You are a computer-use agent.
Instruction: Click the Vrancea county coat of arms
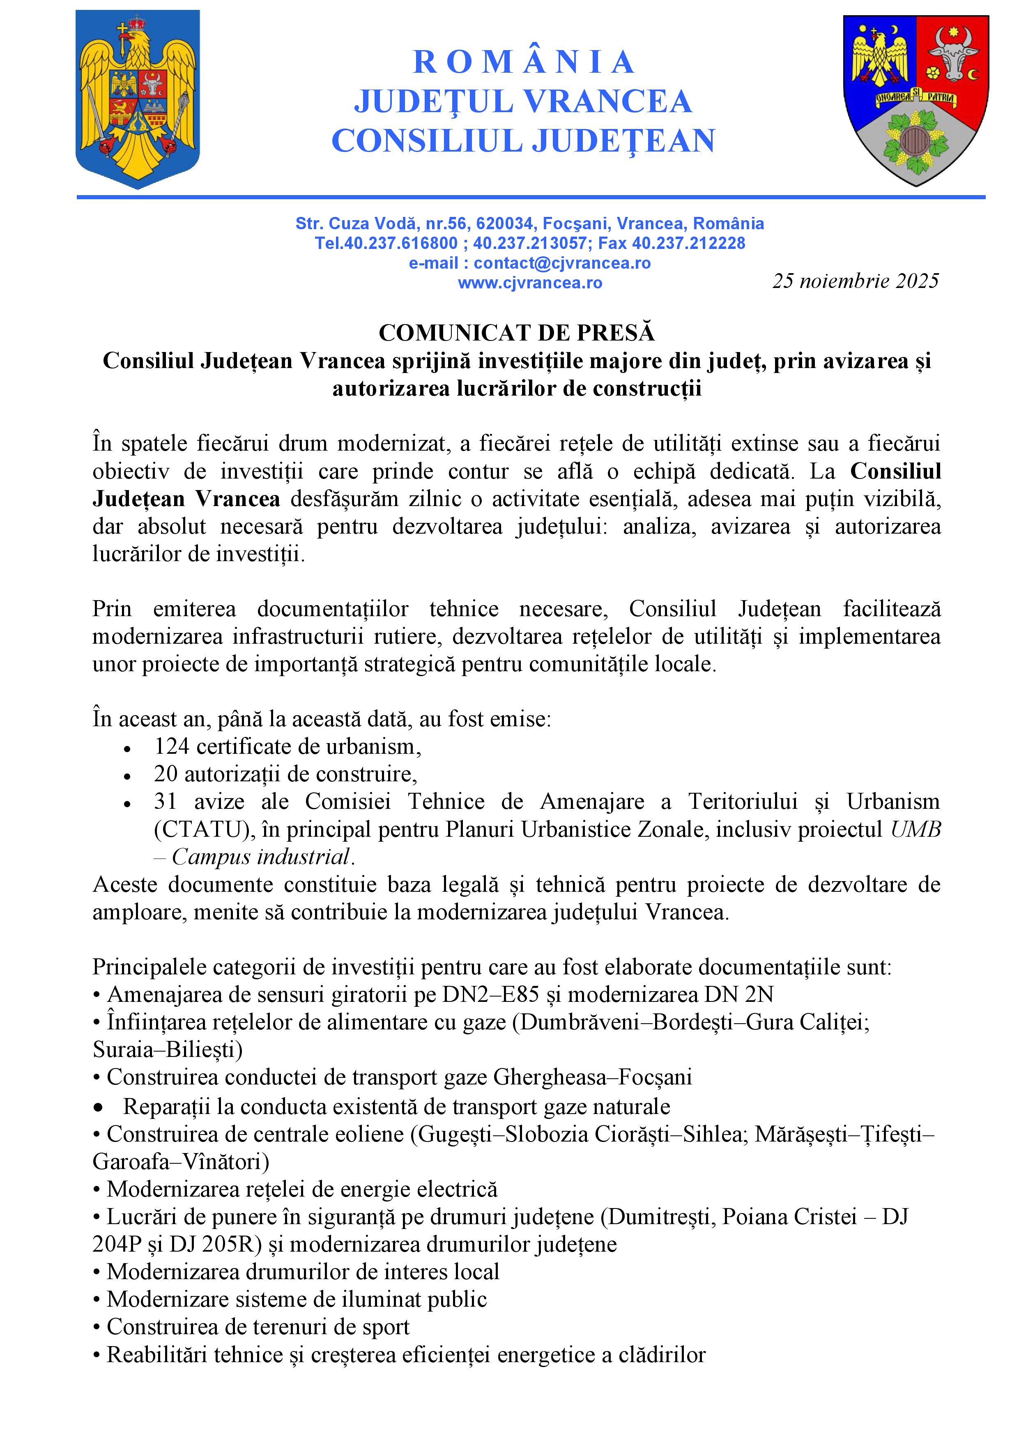coord(915,99)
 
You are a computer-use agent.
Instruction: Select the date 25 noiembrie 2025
coord(855,281)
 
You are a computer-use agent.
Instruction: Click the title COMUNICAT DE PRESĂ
coord(516,333)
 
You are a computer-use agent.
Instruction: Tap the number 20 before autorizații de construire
coord(166,774)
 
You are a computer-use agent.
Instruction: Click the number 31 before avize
coord(166,801)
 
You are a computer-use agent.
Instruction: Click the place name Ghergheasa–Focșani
coord(592,1077)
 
